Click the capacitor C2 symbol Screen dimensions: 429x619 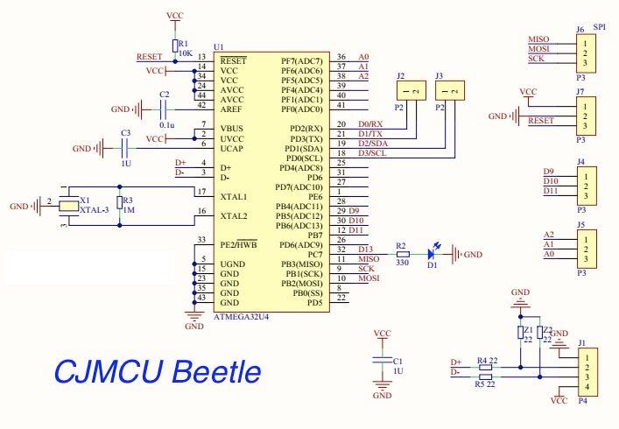pos(164,109)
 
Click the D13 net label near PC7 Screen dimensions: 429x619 pos(365,250)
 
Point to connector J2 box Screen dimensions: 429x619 pos(411,90)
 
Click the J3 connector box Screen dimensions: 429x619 pos(449,90)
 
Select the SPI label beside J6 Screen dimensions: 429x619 pos(600,29)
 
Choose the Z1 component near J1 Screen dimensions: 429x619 pos(522,333)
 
